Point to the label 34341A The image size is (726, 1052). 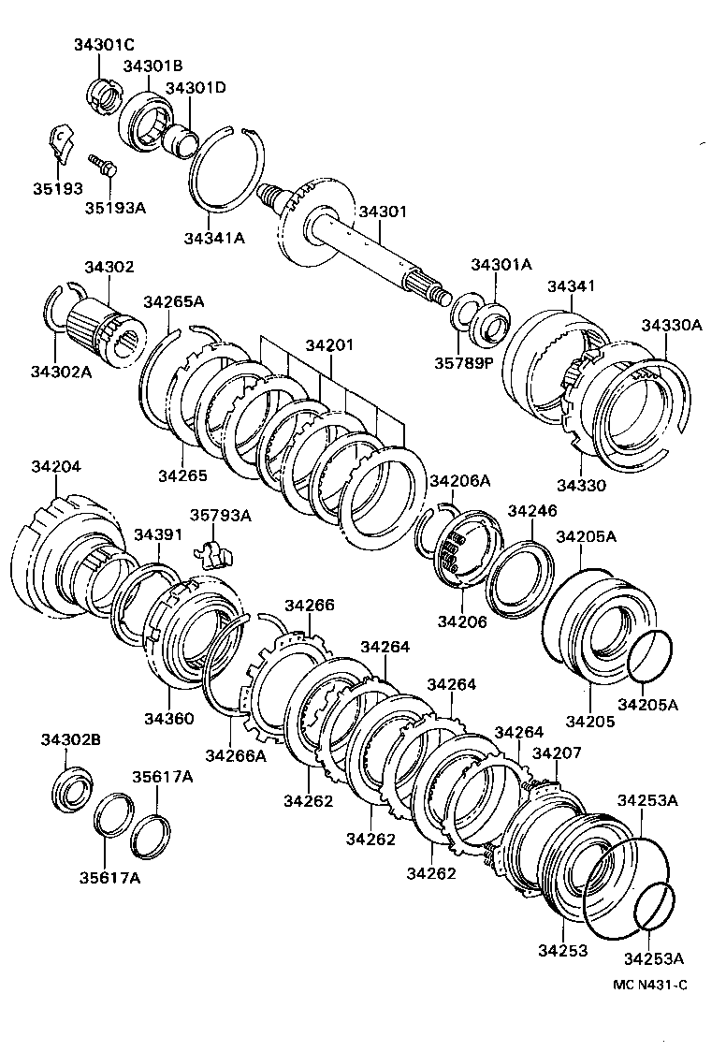coord(213,238)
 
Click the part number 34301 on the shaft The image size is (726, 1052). coord(382,212)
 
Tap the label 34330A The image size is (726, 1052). coord(671,325)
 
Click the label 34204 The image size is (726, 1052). coord(56,464)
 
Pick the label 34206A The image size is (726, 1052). coord(459,480)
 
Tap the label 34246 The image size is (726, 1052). coord(531,511)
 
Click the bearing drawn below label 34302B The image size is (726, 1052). coord(71,788)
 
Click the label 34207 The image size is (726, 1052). coord(557,752)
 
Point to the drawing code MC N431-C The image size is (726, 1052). coord(650,984)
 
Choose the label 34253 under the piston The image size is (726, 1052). coord(562,951)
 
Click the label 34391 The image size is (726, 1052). coord(156,533)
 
